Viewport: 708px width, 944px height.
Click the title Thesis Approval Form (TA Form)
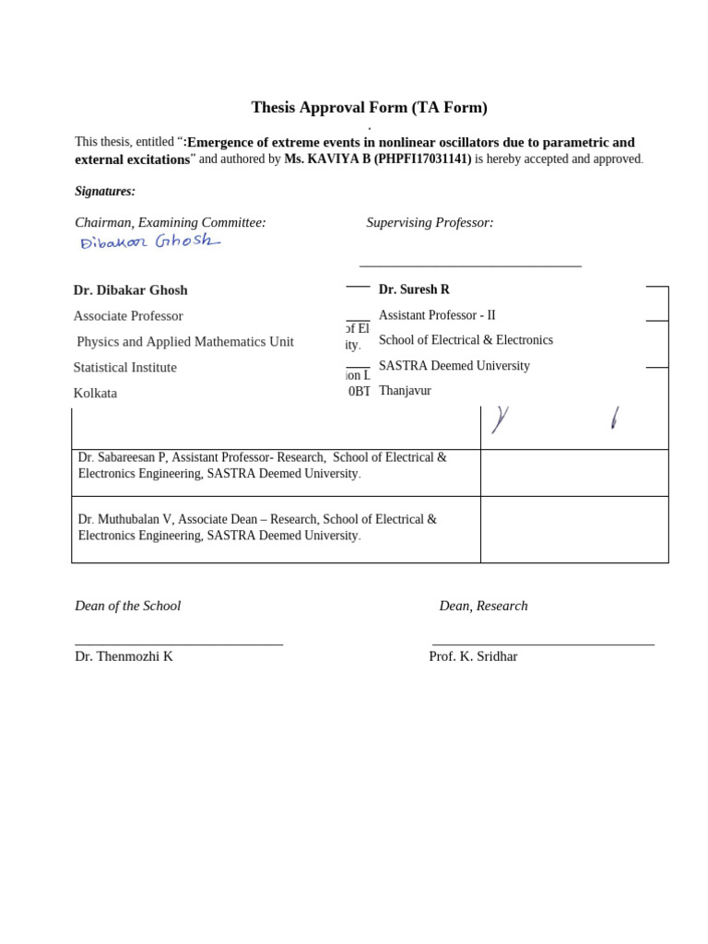coord(369,108)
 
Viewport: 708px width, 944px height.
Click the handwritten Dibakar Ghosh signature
coord(150,242)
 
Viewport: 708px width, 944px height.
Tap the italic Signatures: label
coord(105,192)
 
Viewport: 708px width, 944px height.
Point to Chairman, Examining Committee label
coord(171,222)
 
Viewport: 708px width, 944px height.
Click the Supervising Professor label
coord(430,222)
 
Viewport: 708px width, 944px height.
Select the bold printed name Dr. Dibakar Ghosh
coord(131,290)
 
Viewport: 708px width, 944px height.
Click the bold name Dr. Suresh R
coord(414,289)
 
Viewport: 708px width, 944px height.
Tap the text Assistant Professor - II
coord(437,315)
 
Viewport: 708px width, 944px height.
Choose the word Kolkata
coord(96,394)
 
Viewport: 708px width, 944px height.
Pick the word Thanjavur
coord(405,391)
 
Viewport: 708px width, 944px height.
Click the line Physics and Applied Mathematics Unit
coord(185,342)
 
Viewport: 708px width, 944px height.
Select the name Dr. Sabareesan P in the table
coord(123,458)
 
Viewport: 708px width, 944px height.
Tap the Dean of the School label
coord(128,606)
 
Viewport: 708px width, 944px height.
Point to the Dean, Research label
coord(483,606)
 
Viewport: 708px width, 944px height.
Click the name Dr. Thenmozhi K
coord(124,656)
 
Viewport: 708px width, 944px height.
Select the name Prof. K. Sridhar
coord(473,656)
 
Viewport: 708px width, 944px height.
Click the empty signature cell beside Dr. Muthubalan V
coord(574,529)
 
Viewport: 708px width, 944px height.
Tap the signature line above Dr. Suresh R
coord(470,266)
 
